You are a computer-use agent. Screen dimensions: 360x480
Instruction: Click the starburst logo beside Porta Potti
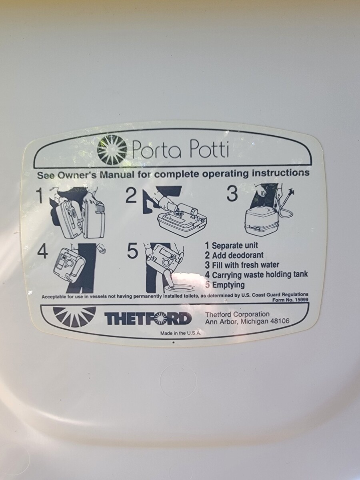112,150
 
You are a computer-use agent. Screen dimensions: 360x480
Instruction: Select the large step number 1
40,196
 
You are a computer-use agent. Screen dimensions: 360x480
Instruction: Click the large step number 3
232,194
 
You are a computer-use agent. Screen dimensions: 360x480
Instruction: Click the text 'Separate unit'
235,245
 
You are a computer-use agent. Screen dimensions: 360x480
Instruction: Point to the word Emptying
228,285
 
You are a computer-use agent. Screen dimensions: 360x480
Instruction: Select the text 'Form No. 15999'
290,300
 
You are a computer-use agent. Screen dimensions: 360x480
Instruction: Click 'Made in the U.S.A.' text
180,333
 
